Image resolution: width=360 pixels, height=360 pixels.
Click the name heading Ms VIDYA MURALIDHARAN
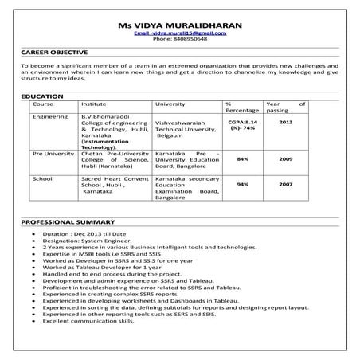point(179,25)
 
